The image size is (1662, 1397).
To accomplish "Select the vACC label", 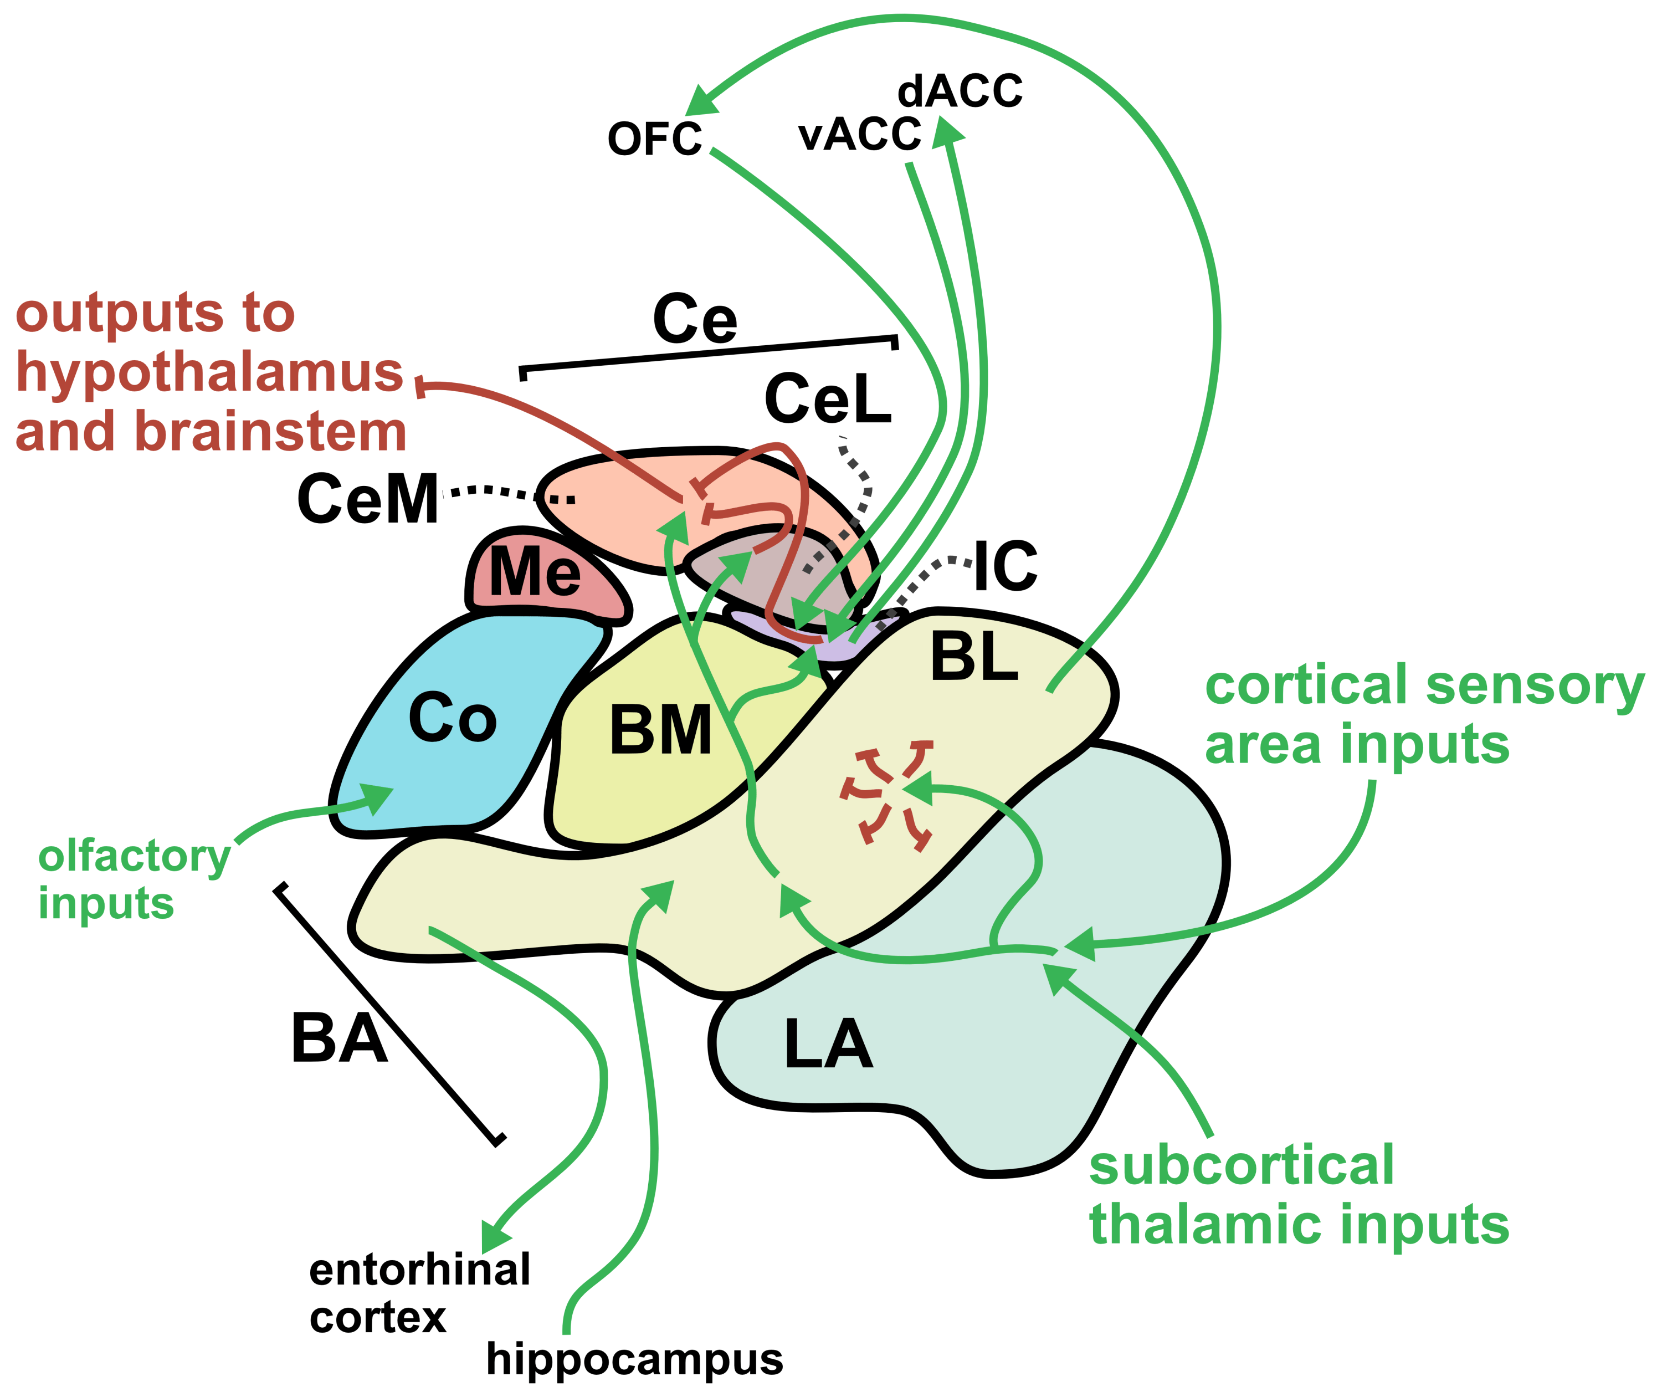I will (x=859, y=134).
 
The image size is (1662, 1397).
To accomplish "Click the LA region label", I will (x=828, y=1044).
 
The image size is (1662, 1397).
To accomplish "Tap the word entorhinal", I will (x=420, y=1270).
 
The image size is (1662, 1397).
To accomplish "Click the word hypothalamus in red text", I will (x=210, y=372).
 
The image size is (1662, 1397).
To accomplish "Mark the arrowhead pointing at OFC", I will (x=699, y=101).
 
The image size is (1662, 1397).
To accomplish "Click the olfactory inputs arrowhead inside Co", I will (x=378, y=797).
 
